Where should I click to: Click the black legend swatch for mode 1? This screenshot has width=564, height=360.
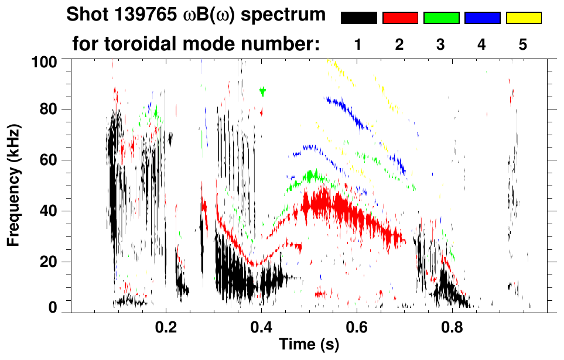pos(358,18)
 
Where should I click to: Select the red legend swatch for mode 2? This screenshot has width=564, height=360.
pos(399,18)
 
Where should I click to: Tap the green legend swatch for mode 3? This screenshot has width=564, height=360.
pos(440,18)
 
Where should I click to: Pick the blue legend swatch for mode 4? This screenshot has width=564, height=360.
pos(482,18)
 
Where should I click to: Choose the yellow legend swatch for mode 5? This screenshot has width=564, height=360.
pos(523,18)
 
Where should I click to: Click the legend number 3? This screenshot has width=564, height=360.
pos(440,44)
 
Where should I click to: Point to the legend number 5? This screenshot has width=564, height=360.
pos(523,44)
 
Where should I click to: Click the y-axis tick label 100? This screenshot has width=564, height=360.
pos(43,60)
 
